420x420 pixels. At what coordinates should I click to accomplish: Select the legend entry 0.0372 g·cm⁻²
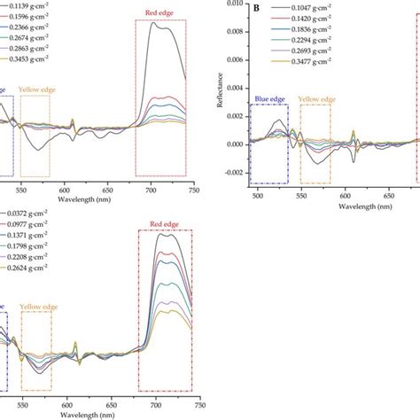[x=28, y=214]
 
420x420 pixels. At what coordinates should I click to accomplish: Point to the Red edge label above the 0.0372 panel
[x=165, y=222]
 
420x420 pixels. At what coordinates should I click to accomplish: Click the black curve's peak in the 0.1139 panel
[x=156, y=24]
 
